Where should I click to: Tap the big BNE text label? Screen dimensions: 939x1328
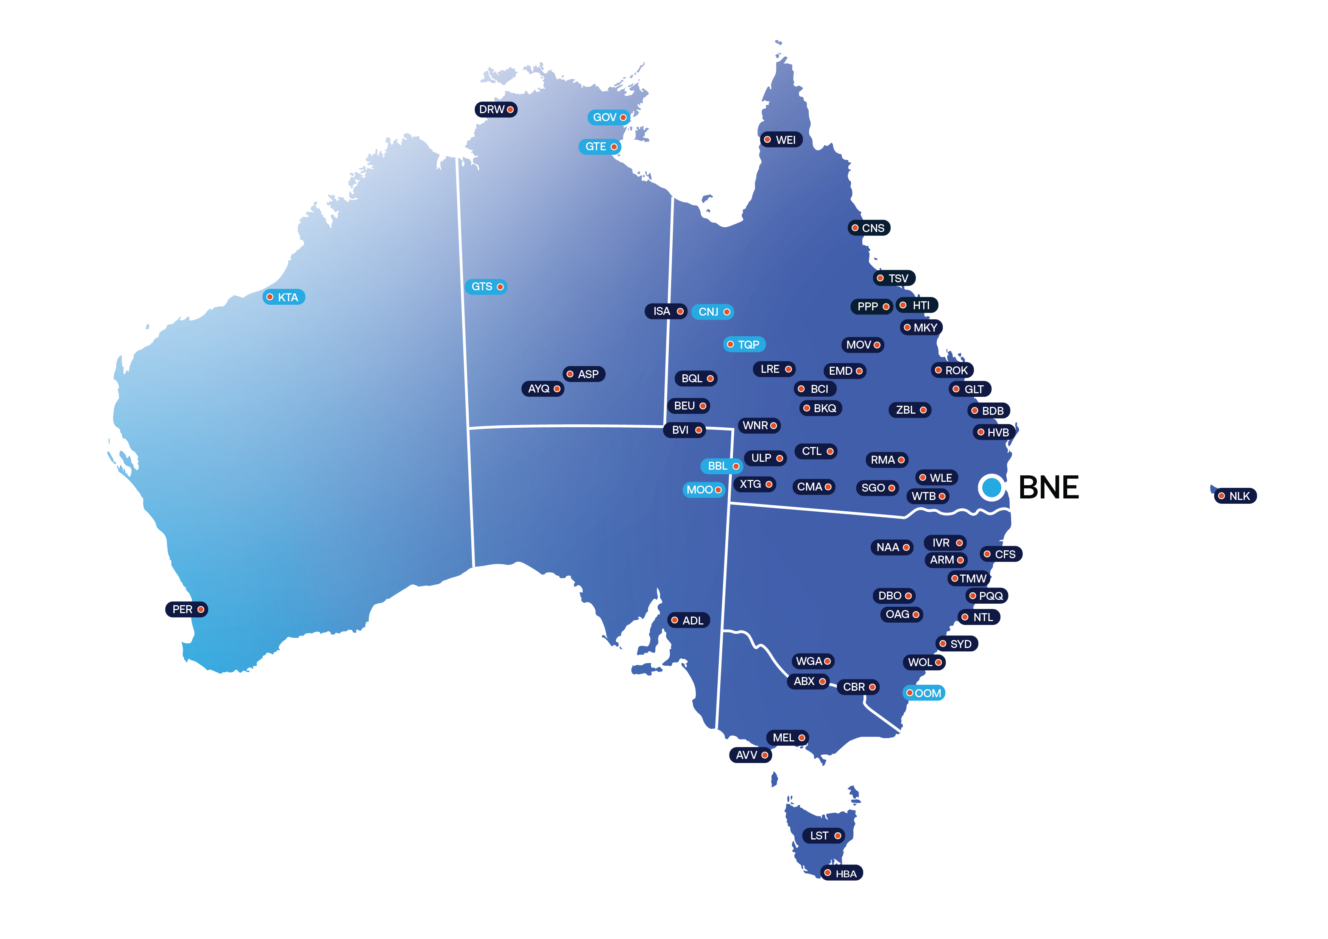1048,487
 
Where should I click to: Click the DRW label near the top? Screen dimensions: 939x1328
496,109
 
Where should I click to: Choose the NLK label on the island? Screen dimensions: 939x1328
1236,496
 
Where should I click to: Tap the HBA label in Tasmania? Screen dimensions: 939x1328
842,874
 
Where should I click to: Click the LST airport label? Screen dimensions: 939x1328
824,836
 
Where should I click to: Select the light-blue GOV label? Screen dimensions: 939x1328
609,117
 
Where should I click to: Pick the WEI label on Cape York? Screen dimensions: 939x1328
781,140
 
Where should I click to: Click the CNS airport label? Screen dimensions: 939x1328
869,228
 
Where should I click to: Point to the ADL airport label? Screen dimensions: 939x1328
688,620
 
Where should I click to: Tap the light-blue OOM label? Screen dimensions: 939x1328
924,693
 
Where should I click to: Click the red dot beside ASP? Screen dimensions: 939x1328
570,374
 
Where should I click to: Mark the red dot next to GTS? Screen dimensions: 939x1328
500,287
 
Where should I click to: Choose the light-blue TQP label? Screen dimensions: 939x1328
744,345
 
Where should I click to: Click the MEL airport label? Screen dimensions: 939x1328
788,738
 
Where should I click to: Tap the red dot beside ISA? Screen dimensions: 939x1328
680,311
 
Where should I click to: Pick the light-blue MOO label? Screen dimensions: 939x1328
703,490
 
